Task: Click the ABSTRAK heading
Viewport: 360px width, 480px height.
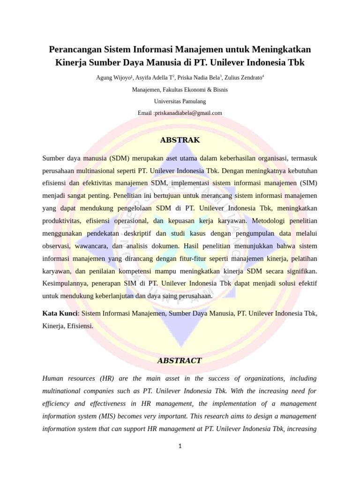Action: click(180, 140)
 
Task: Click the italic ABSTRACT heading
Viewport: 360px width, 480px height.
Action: click(180, 360)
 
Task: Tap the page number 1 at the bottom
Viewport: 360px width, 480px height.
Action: click(180, 446)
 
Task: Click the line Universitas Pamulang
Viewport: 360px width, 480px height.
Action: click(180, 101)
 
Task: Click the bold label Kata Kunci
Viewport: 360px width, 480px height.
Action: click(60, 314)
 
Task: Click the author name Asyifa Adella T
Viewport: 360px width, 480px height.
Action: click(154, 78)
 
